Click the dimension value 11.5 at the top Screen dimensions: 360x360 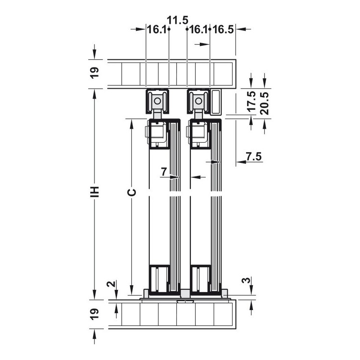click(x=177, y=20)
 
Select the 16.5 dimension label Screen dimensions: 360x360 click(x=223, y=30)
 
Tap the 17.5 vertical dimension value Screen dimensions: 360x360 click(x=252, y=101)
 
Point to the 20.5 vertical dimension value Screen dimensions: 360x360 click(x=265, y=103)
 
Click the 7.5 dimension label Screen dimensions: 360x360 click(x=254, y=157)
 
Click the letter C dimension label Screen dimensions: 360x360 click(x=132, y=193)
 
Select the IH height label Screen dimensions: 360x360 click(x=94, y=192)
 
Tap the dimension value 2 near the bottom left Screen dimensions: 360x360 click(x=111, y=284)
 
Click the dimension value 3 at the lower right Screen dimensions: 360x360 click(x=246, y=280)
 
